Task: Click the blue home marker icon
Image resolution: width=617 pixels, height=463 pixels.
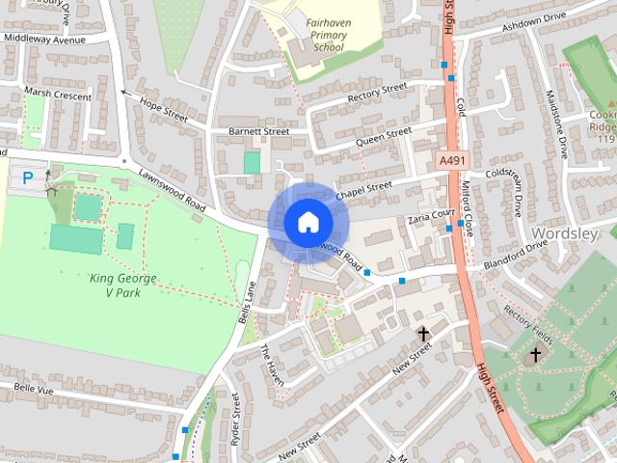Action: click(x=308, y=222)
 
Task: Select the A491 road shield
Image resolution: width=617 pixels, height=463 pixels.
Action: click(x=450, y=160)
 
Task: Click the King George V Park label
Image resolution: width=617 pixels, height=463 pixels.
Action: click(x=122, y=286)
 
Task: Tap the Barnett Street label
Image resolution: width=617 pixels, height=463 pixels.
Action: click(x=259, y=131)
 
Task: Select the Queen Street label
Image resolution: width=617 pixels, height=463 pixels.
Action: click(x=383, y=136)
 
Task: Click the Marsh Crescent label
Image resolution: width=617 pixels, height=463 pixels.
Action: click(x=59, y=96)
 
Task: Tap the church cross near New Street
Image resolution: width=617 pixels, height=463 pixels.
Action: click(x=422, y=334)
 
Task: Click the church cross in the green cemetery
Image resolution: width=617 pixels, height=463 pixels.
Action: click(x=536, y=354)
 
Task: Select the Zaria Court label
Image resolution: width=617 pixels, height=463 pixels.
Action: click(x=430, y=216)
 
